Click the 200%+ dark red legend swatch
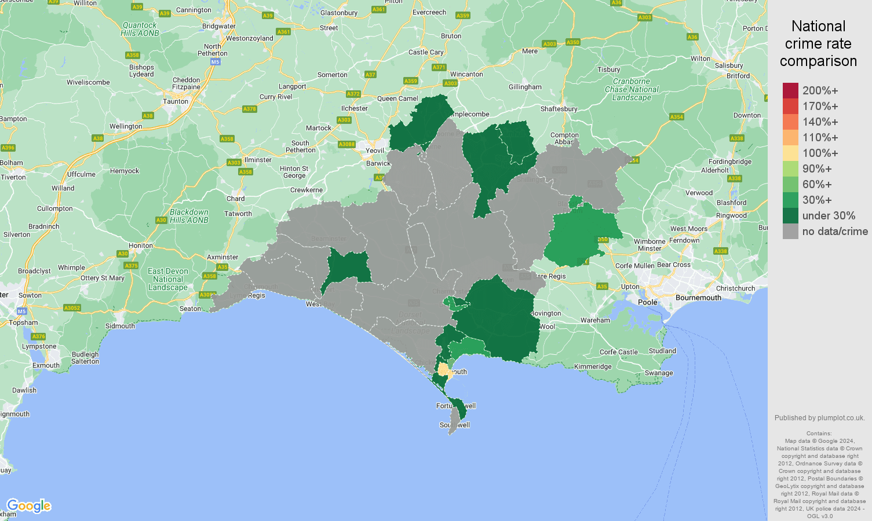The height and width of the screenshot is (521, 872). coord(790,90)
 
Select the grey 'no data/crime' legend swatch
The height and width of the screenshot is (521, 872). coord(790,231)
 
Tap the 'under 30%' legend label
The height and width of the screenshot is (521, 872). coord(829,215)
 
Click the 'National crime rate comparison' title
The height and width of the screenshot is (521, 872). coord(818,43)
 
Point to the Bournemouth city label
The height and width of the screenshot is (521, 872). coord(698,298)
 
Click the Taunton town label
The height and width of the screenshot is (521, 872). coord(176,101)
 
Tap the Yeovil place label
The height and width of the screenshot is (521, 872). coord(375,151)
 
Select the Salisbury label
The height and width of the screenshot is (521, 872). coord(729,65)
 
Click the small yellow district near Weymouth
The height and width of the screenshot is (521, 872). coord(444,369)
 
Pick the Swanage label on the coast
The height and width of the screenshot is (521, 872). coord(659,373)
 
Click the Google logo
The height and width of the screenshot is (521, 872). coord(29,506)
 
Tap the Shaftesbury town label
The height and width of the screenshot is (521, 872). coord(559,109)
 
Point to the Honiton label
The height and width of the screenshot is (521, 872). coord(141,245)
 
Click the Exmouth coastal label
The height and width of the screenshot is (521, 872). coord(46,365)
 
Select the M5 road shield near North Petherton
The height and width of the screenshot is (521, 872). coord(215,61)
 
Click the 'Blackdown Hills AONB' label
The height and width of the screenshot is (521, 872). coord(189,216)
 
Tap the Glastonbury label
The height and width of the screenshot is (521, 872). coord(339,13)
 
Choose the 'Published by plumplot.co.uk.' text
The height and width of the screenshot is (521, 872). coord(819,417)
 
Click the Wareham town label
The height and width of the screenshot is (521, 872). coord(595,320)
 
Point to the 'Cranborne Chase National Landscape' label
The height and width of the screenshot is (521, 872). coord(632,90)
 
